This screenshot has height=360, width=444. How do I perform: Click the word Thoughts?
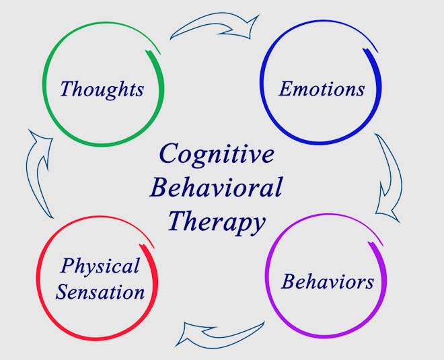pos(102,89)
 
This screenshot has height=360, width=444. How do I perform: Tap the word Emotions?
pos(322,89)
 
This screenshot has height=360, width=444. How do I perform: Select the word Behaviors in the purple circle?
pos(327,281)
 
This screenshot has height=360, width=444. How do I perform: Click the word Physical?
pos(100,266)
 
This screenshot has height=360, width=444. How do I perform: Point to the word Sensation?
pos(100,292)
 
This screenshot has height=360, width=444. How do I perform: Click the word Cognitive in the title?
pos(217,155)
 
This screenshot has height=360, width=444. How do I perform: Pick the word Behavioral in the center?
pos(215,187)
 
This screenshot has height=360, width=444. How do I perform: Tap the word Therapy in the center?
pos(216,221)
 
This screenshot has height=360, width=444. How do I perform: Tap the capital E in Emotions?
pos(287,88)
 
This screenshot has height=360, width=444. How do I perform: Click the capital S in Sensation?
pos(63,291)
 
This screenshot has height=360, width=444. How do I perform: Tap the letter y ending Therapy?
pos(256,225)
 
